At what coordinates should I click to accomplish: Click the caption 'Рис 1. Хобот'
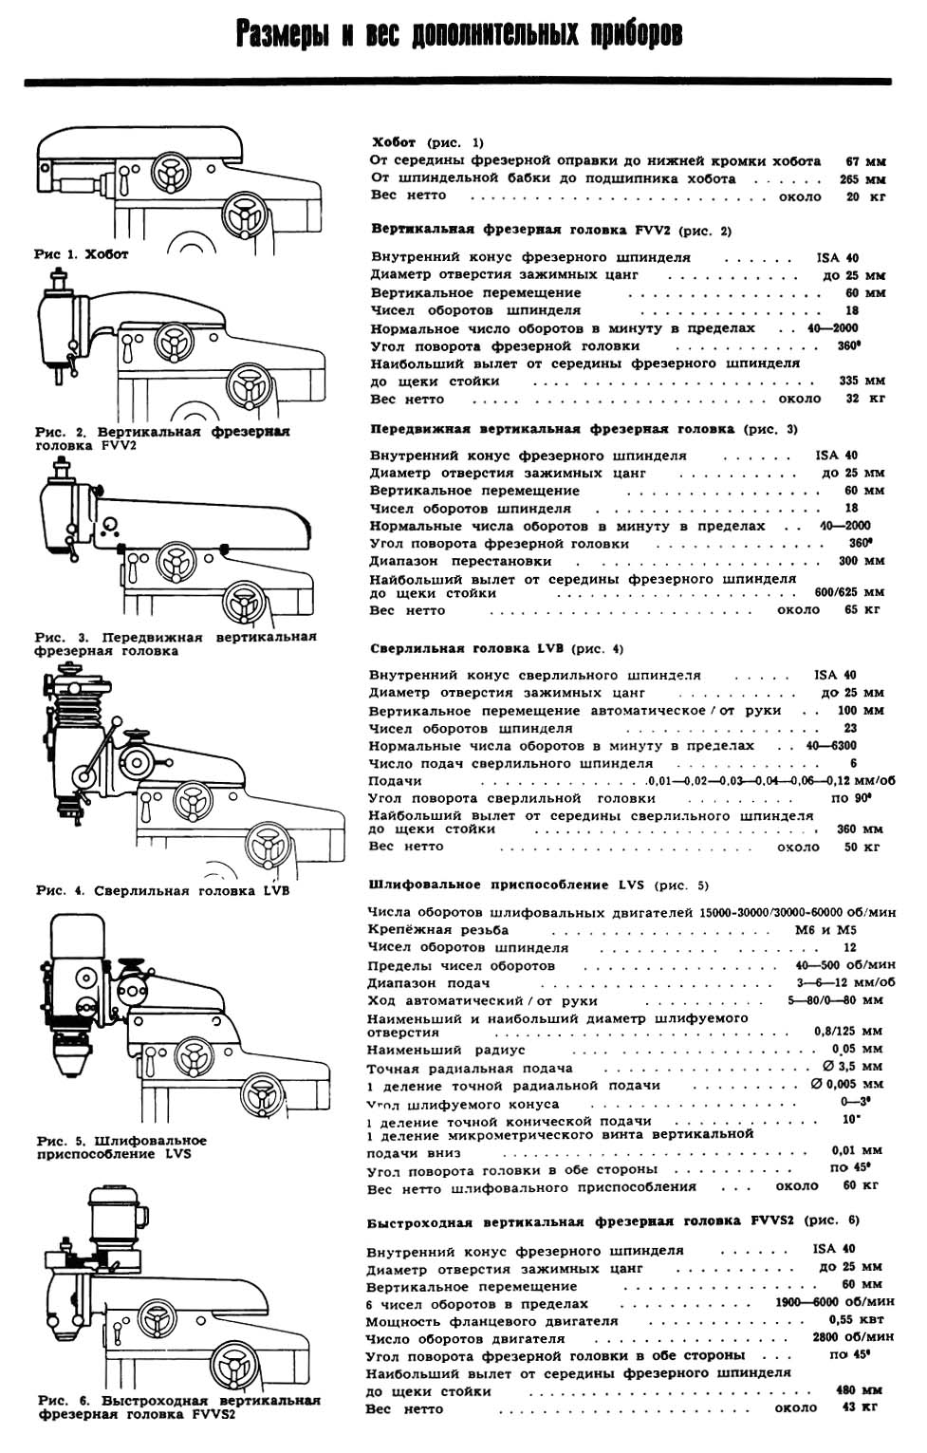point(81,254)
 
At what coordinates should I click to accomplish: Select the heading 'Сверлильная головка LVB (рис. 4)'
point(496,649)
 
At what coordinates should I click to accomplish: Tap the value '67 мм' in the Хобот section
point(864,161)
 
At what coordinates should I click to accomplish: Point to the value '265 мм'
point(862,178)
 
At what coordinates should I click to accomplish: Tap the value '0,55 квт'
point(855,1320)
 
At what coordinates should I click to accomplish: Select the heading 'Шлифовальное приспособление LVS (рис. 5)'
point(538,885)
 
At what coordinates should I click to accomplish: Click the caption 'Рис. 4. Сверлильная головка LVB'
point(162,891)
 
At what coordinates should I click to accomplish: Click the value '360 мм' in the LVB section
point(860,829)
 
